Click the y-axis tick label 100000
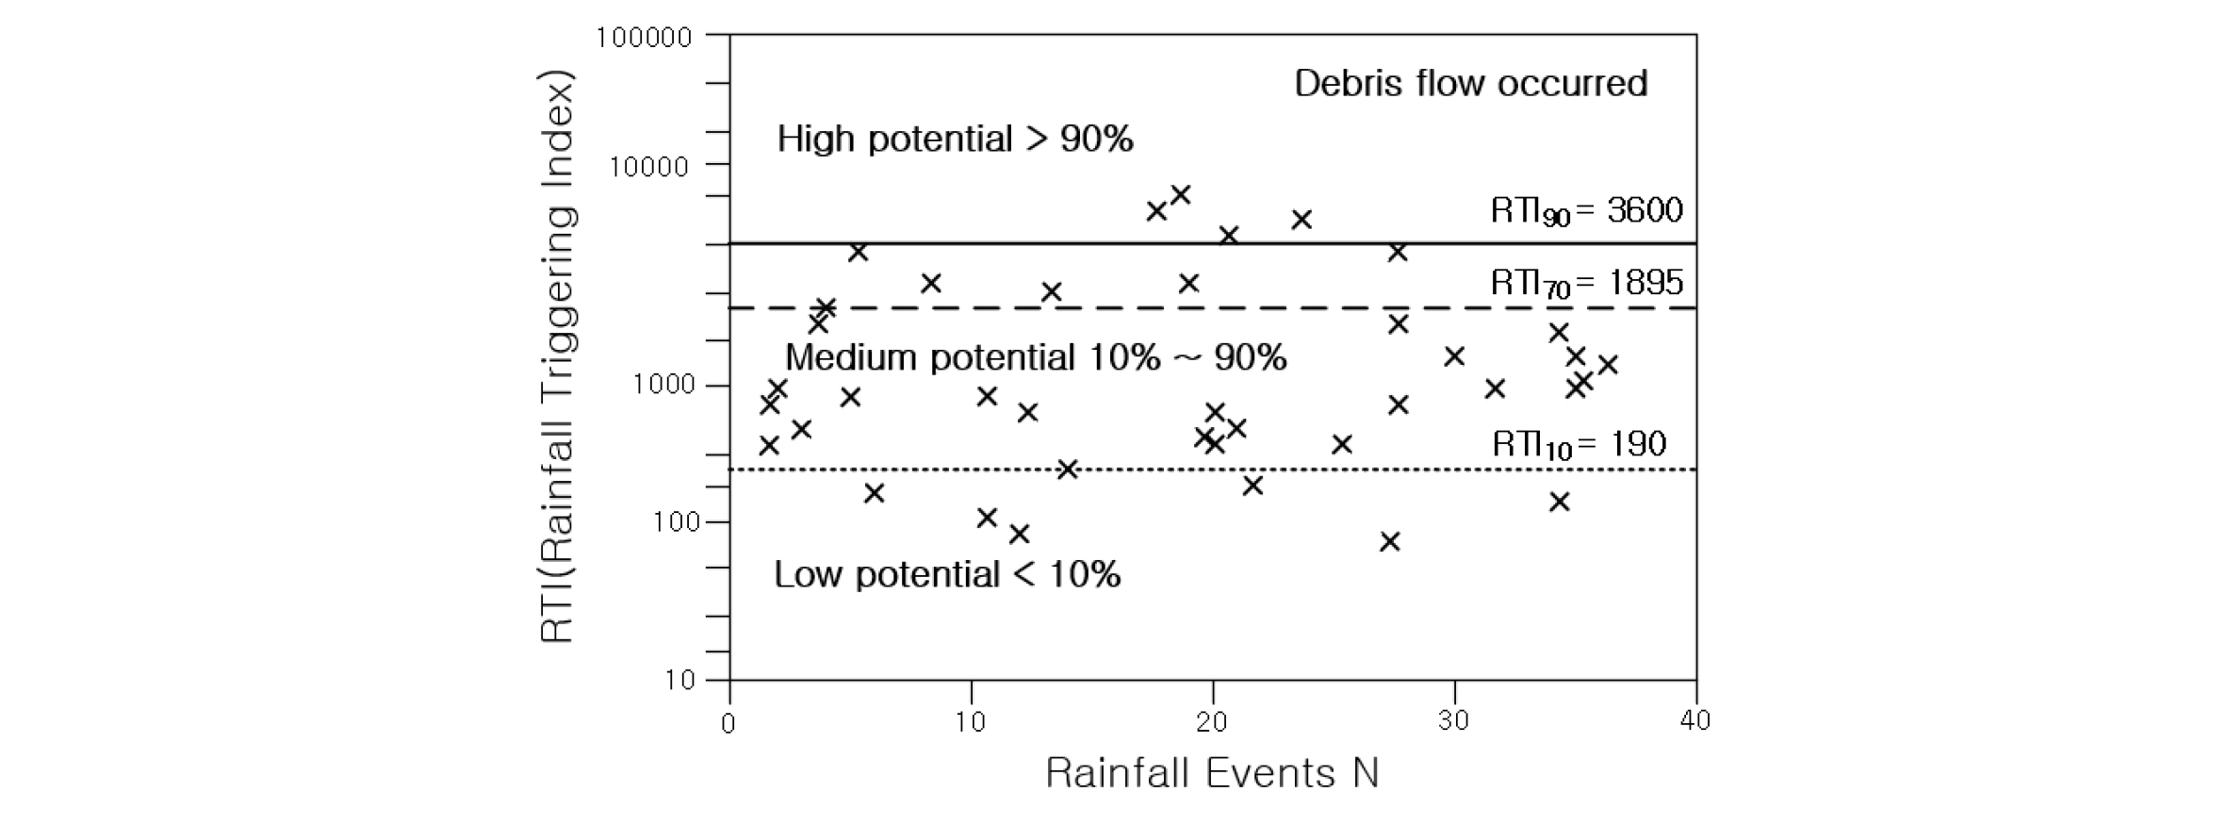click(645, 38)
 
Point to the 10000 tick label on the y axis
click(649, 167)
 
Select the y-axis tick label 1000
click(663, 385)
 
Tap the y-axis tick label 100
click(677, 522)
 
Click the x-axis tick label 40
click(1694, 722)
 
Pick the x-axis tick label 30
click(1453, 722)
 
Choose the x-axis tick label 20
click(1212, 722)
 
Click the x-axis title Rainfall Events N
click(1212, 774)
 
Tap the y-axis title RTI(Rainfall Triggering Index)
click(557, 357)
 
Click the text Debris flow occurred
click(1470, 84)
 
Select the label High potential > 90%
click(955, 140)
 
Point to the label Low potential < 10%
click(947, 574)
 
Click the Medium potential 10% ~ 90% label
click(1036, 358)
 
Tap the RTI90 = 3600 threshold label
click(1586, 210)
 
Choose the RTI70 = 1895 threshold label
click(1586, 283)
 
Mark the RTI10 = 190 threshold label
click(1579, 444)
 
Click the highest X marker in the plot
click(1180, 195)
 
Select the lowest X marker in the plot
click(1389, 541)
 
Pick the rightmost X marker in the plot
click(1608, 365)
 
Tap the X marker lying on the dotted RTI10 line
click(1067, 470)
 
